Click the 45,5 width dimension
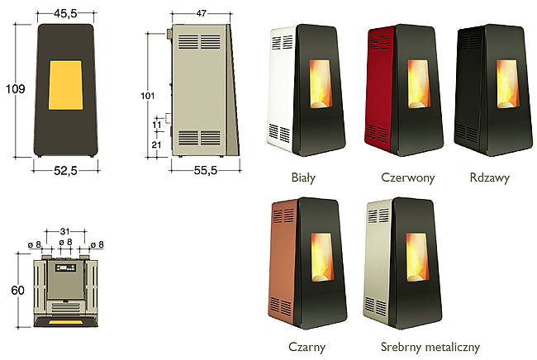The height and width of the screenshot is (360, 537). pos(65,13)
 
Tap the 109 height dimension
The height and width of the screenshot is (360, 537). pos(16,89)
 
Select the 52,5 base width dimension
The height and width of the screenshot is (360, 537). pos(65,170)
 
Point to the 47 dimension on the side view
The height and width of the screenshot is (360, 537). pos(202,13)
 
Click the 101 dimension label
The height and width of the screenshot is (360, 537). pos(148,96)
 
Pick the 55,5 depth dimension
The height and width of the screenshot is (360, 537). pos(206,170)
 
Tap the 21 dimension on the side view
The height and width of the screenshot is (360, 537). pos(156,144)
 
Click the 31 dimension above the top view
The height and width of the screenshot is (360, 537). pos(64,232)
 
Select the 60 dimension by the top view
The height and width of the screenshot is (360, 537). pos(18,291)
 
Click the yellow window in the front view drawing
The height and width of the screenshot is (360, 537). pos(65,85)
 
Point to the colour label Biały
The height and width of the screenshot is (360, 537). pos(303,178)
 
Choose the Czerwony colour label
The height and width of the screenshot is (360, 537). pos(407,178)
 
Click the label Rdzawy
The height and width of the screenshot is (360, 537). pos(489,178)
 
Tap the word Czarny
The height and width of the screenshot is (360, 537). pos(307,347)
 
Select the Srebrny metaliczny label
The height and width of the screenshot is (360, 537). pos(430,347)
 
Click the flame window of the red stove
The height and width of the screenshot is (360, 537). pos(419,84)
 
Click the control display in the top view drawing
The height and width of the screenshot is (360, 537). pos(65,268)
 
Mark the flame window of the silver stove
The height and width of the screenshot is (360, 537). pos(417,258)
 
